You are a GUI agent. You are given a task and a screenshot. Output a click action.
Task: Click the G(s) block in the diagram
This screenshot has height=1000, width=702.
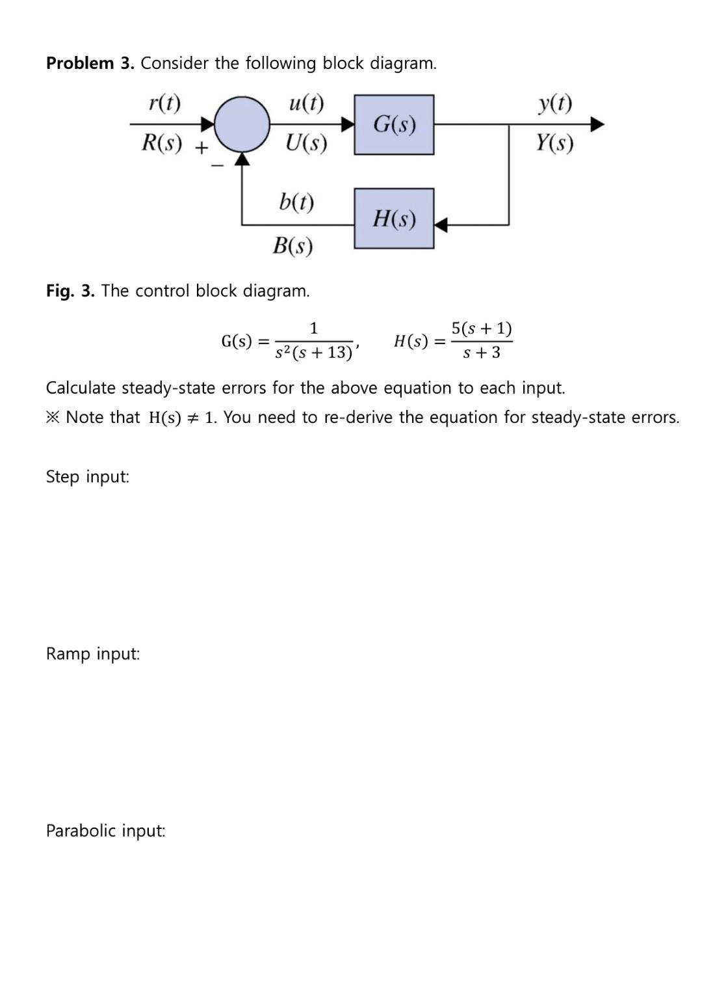[x=394, y=124]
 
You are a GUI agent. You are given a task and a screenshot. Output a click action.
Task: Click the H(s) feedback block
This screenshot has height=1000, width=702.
[x=394, y=219]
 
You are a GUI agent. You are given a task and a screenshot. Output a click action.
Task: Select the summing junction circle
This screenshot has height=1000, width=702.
[x=242, y=124]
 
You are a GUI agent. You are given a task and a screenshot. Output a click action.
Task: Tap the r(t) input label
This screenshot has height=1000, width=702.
[x=164, y=103]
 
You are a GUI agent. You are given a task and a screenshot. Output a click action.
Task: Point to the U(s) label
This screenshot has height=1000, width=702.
[x=306, y=142]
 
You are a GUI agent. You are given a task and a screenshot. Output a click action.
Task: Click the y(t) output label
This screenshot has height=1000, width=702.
[x=555, y=103]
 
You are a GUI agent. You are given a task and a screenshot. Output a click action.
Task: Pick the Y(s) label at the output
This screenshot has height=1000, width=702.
[x=554, y=142]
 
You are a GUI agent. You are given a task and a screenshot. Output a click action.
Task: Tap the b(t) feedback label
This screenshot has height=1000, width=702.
[x=296, y=201]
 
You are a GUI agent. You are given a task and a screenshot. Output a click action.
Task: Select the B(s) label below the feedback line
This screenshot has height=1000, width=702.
[x=292, y=245]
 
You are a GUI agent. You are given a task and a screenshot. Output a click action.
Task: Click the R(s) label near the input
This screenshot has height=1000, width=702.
[x=162, y=142]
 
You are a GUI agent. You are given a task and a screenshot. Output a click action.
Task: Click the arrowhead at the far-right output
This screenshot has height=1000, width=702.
[x=597, y=124]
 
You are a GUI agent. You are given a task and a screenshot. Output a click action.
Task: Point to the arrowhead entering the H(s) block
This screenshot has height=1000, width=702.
[x=441, y=225]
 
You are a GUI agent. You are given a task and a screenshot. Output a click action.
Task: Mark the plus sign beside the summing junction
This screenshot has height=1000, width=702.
[x=202, y=148]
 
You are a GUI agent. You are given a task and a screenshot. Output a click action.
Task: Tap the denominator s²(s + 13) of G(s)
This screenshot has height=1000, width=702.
[x=313, y=353]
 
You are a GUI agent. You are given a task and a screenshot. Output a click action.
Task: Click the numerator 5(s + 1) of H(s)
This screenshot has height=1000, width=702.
[x=482, y=328]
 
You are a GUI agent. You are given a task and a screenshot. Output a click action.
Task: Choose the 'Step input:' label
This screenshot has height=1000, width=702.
[x=88, y=477]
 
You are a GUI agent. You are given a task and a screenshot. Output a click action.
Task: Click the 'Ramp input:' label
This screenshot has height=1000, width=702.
[x=93, y=654]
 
